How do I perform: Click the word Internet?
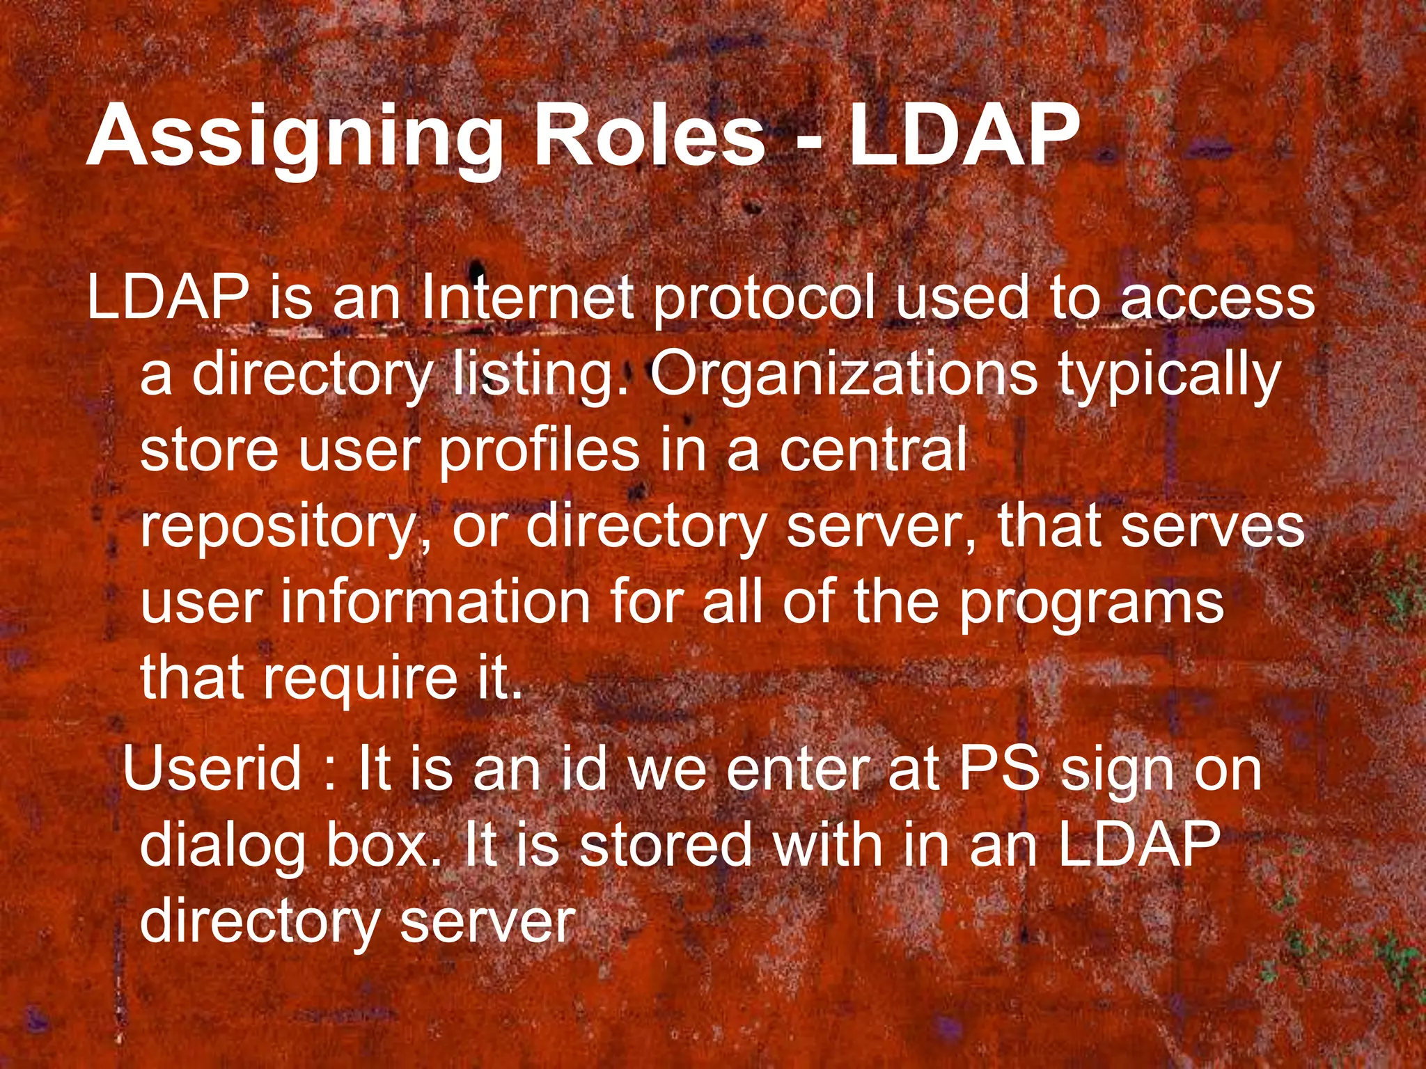click(x=526, y=298)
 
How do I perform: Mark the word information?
click(x=436, y=603)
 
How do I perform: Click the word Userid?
click(x=213, y=768)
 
